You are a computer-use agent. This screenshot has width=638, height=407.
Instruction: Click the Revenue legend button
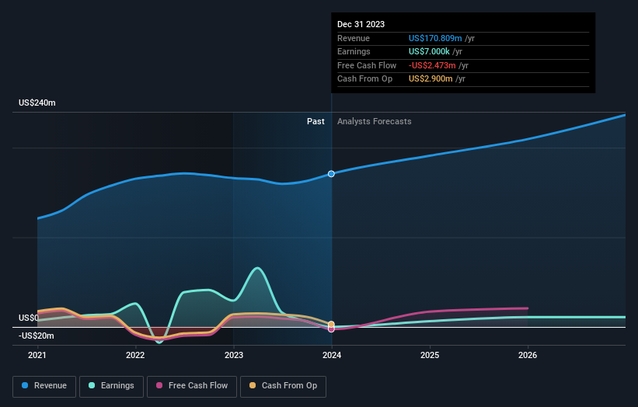coord(44,385)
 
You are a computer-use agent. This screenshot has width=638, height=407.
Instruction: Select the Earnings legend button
coord(111,385)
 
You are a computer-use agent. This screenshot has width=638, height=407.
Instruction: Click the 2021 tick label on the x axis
coord(37,356)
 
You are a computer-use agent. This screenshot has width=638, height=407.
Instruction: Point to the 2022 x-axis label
coord(135,356)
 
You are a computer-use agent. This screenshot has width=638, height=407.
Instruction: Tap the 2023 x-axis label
coord(233,356)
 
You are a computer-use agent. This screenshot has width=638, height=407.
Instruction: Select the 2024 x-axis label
coord(332,356)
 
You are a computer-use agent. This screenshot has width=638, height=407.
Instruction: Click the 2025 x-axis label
coord(430,356)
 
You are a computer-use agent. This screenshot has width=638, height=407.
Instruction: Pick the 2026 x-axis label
coord(528,356)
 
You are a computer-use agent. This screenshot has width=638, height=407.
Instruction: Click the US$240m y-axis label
coord(37,103)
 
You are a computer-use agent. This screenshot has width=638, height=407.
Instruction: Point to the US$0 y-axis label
coord(30,318)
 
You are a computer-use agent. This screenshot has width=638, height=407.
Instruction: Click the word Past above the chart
coord(316,121)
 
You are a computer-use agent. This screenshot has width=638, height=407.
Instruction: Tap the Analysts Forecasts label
coord(374,121)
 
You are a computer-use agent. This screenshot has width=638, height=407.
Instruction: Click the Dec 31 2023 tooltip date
coord(361,25)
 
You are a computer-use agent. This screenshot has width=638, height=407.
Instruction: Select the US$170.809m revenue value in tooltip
coord(435,39)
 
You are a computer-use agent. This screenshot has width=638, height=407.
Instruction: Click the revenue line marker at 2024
coord(332,173)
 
